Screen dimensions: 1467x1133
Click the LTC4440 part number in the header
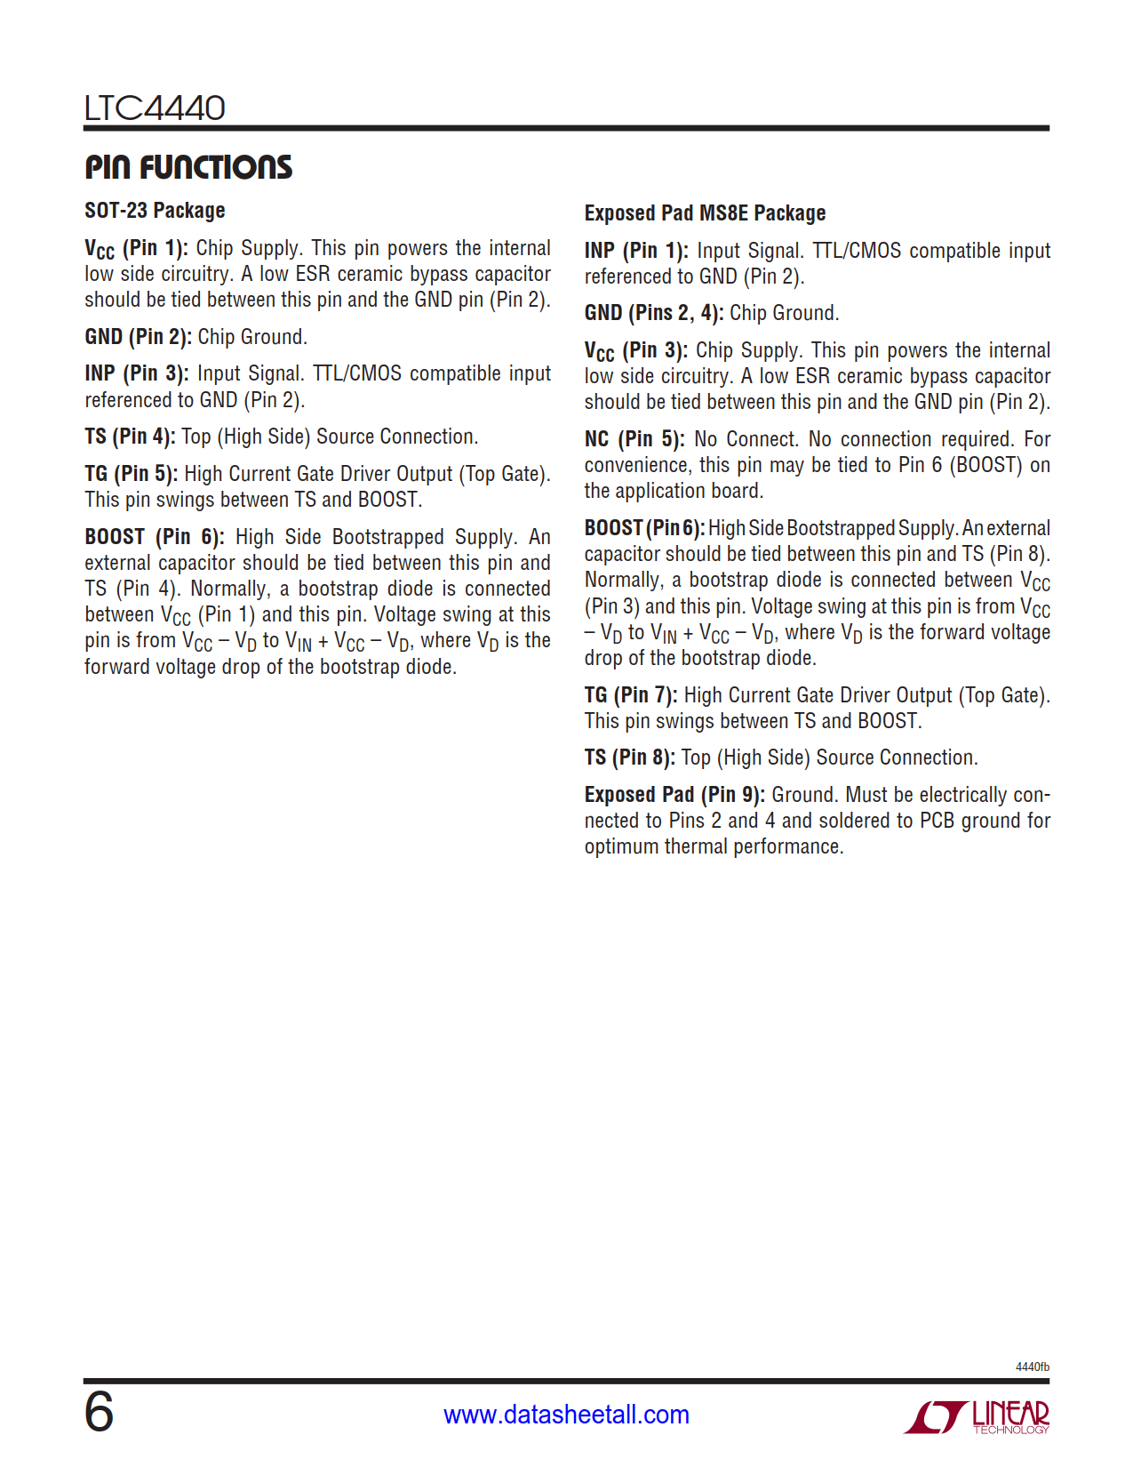coord(155,108)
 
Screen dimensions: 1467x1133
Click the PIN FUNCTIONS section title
coord(188,167)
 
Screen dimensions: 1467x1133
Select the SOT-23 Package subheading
coord(155,211)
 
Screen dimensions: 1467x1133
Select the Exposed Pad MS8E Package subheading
coord(705,213)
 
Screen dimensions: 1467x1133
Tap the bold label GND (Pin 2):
coord(138,337)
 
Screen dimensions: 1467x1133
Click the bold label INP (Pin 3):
coord(137,373)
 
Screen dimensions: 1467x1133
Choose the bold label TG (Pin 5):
coord(132,474)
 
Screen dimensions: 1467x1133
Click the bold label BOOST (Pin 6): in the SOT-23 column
coord(155,537)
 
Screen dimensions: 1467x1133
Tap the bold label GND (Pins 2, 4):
coord(654,313)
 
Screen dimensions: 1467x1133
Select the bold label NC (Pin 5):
coord(634,439)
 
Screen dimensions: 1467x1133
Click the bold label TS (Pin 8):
coord(629,758)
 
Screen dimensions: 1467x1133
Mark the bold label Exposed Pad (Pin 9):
coord(674,795)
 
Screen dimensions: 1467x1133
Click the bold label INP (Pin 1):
coord(636,251)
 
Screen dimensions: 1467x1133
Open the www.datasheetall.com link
coord(566,1415)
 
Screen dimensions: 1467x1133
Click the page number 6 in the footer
coord(99,1412)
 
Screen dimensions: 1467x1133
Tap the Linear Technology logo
coord(977,1416)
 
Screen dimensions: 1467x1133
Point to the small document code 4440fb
coord(1032,1367)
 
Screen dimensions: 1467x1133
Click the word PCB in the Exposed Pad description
coord(937,821)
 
